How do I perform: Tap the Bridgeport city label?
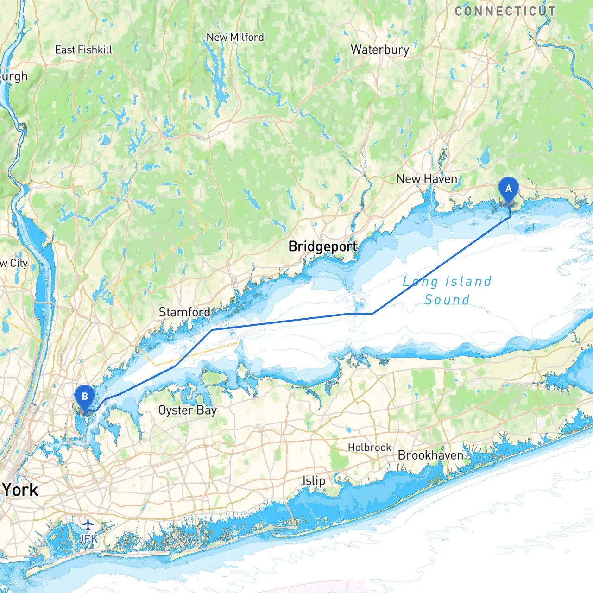pos(322,246)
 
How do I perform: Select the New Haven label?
pos(426,179)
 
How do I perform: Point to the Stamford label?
pos(184,312)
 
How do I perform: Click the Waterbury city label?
pos(379,50)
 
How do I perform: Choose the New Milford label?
pos(235,37)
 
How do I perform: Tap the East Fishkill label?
pos(83,50)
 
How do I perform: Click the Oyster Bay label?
pos(187,410)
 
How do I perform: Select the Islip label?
pos(314,481)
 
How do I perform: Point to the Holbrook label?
pos(369,448)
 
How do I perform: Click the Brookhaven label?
pos(430,455)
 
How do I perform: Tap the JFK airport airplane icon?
pos(88,524)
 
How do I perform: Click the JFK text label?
pos(88,538)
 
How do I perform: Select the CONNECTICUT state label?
pos(505,12)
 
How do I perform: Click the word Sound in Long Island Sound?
pos(447,300)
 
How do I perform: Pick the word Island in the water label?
pos(468,281)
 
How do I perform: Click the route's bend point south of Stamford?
pos(212,330)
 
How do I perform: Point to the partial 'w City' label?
pos(14,263)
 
